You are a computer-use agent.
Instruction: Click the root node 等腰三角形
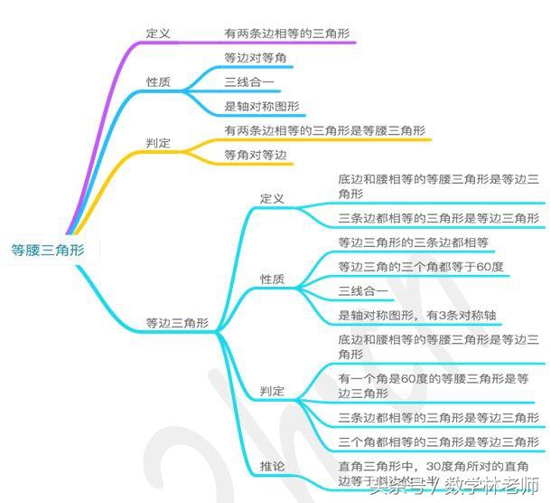(48, 251)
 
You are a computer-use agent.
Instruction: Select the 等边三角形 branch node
(177, 322)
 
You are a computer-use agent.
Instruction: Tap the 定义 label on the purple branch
(158, 33)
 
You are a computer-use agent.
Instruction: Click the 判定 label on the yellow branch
(158, 144)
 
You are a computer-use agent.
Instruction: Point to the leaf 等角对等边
(255, 156)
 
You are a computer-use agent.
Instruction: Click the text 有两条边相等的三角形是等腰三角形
(324, 130)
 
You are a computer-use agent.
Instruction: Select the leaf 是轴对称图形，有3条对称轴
(419, 315)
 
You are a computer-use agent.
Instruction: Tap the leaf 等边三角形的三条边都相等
(413, 242)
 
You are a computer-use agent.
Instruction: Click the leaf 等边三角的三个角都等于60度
(420, 267)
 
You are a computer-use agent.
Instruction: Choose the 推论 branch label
(272, 466)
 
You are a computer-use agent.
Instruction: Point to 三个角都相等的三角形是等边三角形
(437, 441)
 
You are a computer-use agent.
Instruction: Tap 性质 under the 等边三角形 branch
(272, 280)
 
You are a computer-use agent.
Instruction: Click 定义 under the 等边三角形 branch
(272, 198)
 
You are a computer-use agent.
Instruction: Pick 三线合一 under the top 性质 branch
(250, 82)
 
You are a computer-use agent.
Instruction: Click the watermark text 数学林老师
(489, 489)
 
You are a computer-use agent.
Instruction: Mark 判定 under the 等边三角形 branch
(272, 392)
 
